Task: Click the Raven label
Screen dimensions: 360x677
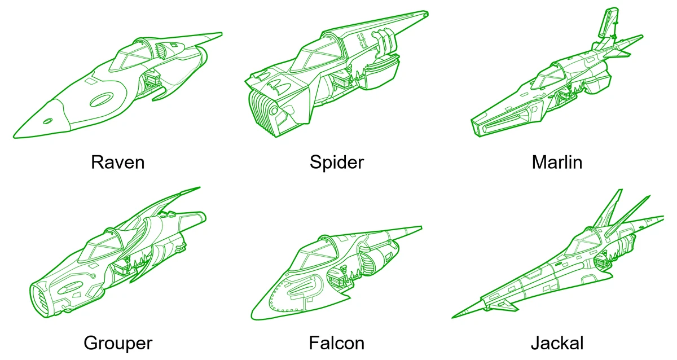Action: [x=117, y=163]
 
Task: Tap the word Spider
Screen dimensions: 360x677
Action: [x=336, y=163]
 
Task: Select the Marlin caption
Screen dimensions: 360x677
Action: [x=556, y=163]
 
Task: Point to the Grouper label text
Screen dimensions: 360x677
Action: [x=117, y=343]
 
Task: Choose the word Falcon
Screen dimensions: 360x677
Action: [x=336, y=343]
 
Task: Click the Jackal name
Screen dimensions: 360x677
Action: [x=556, y=343]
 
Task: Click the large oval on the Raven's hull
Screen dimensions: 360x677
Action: [x=102, y=100]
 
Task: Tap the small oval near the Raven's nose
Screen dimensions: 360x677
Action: [x=49, y=120]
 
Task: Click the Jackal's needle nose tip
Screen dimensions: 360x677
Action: [x=455, y=316]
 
